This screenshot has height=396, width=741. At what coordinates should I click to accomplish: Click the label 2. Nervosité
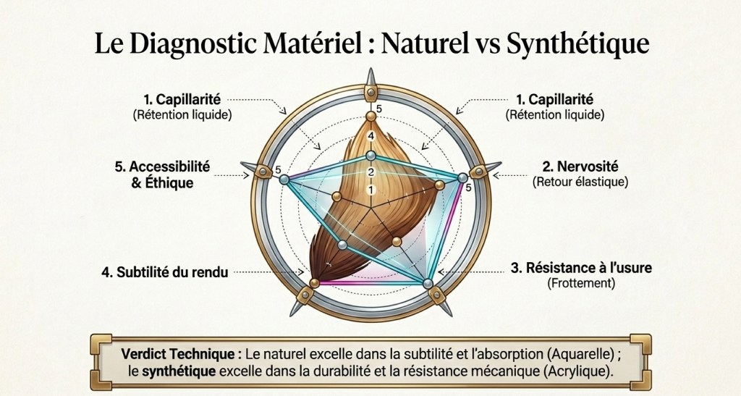coord(580,167)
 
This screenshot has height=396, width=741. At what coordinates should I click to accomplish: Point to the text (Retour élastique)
coord(580,182)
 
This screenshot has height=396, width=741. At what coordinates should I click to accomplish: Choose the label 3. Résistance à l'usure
coord(581,267)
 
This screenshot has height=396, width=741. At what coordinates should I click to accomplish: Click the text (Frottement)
coord(581,283)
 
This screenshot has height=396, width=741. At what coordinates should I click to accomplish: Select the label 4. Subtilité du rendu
coord(164,272)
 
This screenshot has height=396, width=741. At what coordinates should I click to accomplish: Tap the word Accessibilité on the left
coord(169,167)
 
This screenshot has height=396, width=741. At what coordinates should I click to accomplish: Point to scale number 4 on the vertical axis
coord(371,137)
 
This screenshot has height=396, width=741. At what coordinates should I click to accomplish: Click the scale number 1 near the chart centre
coord(371,190)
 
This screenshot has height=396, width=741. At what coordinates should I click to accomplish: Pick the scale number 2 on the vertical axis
coord(371,172)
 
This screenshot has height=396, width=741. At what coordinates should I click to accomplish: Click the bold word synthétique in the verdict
coord(179,371)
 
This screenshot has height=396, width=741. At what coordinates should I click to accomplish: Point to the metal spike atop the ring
coord(371,78)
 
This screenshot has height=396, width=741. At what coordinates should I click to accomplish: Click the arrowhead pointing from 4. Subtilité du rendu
coord(300,272)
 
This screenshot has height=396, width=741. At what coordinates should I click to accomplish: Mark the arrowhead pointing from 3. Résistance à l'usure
coord(441,272)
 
